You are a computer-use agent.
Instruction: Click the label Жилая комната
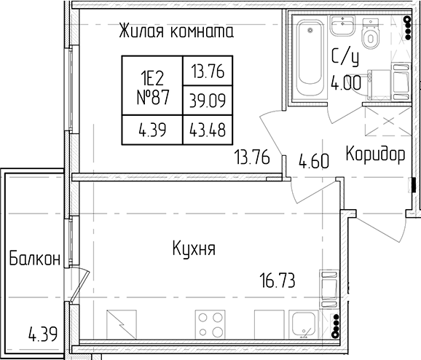[x=176, y=31]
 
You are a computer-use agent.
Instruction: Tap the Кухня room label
[x=194, y=249]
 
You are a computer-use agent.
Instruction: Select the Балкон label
[x=35, y=258]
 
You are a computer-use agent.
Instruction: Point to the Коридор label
[x=375, y=154]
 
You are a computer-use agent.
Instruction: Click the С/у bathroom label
[x=345, y=58]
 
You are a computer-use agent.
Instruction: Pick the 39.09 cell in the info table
[x=208, y=101]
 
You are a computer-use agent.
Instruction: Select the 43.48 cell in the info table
[x=208, y=130]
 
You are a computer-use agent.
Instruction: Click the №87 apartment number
[x=153, y=97]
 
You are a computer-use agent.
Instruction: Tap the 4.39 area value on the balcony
[x=43, y=334]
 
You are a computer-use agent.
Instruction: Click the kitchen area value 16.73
[x=278, y=281]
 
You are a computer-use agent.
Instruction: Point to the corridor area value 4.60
[x=314, y=162]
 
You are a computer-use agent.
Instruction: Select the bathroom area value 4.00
[x=346, y=83]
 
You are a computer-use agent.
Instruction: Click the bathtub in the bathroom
[x=310, y=58]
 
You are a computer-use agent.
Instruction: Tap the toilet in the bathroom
[x=371, y=33]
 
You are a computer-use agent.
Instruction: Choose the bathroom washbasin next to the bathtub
[x=342, y=26]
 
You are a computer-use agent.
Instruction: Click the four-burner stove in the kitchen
[x=210, y=325]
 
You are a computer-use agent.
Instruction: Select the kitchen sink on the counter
[x=304, y=324]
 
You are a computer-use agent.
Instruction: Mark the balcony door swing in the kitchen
[x=79, y=286]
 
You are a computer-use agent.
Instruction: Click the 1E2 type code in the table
[x=152, y=79]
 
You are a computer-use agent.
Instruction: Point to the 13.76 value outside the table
[x=252, y=157]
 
